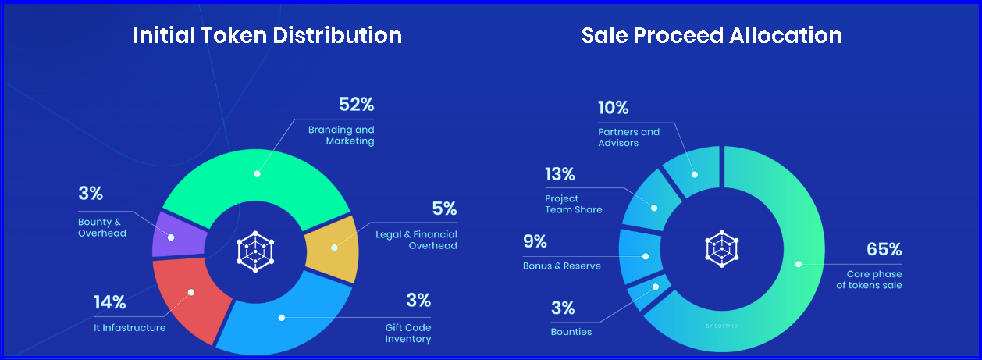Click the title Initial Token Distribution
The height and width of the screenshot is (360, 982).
pos(267,35)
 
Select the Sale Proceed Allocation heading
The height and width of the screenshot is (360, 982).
pos(711,35)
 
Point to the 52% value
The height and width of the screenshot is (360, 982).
pos(357,105)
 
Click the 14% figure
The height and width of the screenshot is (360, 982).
pos(109,302)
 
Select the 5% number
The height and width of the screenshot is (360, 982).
pos(444,209)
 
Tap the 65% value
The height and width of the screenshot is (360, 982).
pos(884,250)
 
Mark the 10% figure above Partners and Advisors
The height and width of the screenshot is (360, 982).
pos(614,108)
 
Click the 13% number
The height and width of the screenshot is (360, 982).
pos(560,173)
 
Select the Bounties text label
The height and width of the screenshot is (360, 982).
pos(571,332)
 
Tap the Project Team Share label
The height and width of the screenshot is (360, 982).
pos(574,204)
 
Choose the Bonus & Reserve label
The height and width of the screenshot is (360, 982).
pos(562,266)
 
